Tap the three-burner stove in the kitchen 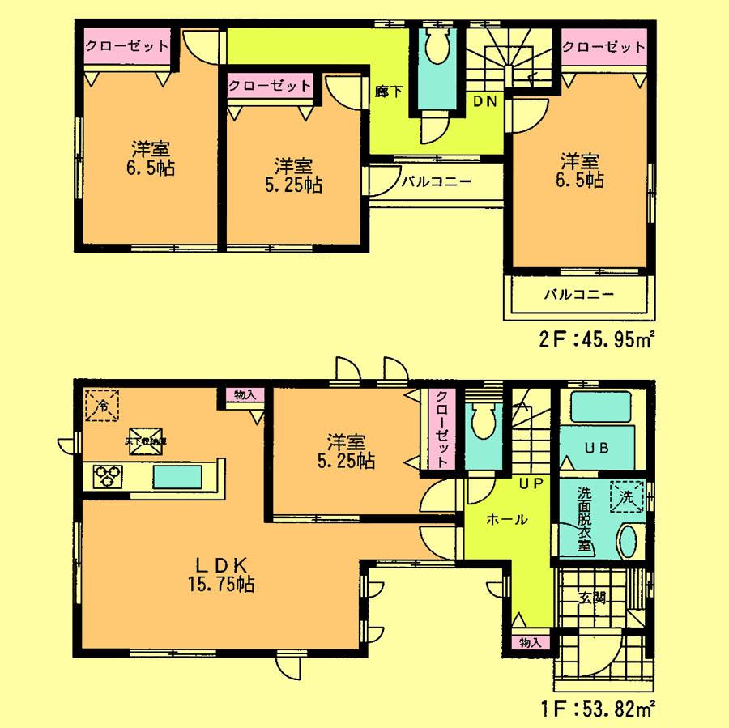tap(106, 475)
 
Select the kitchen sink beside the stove tap(178, 476)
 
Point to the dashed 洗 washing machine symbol tap(631, 492)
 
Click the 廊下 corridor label tap(384, 92)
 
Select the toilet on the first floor tap(484, 421)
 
